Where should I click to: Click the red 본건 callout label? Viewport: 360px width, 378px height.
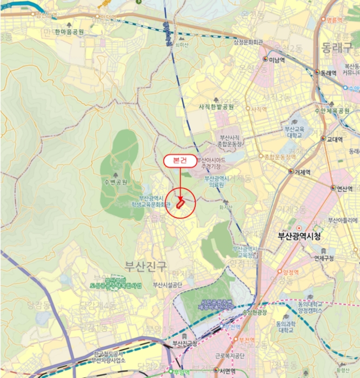click(x=179, y=160)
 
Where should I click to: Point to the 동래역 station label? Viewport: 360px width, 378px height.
click(x=328, y=72)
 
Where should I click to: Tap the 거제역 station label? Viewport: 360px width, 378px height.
click(x=302, y=172)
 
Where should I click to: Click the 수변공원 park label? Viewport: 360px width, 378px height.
click(x=115, y=182)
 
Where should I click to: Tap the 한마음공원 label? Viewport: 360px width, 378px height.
click(x=65, y=32)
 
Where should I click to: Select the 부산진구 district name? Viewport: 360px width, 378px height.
click(x=145, y=265)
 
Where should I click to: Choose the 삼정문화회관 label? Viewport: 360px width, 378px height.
click(x=248, y=42)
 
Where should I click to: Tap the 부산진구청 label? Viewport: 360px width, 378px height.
click(x=184, y=343)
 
